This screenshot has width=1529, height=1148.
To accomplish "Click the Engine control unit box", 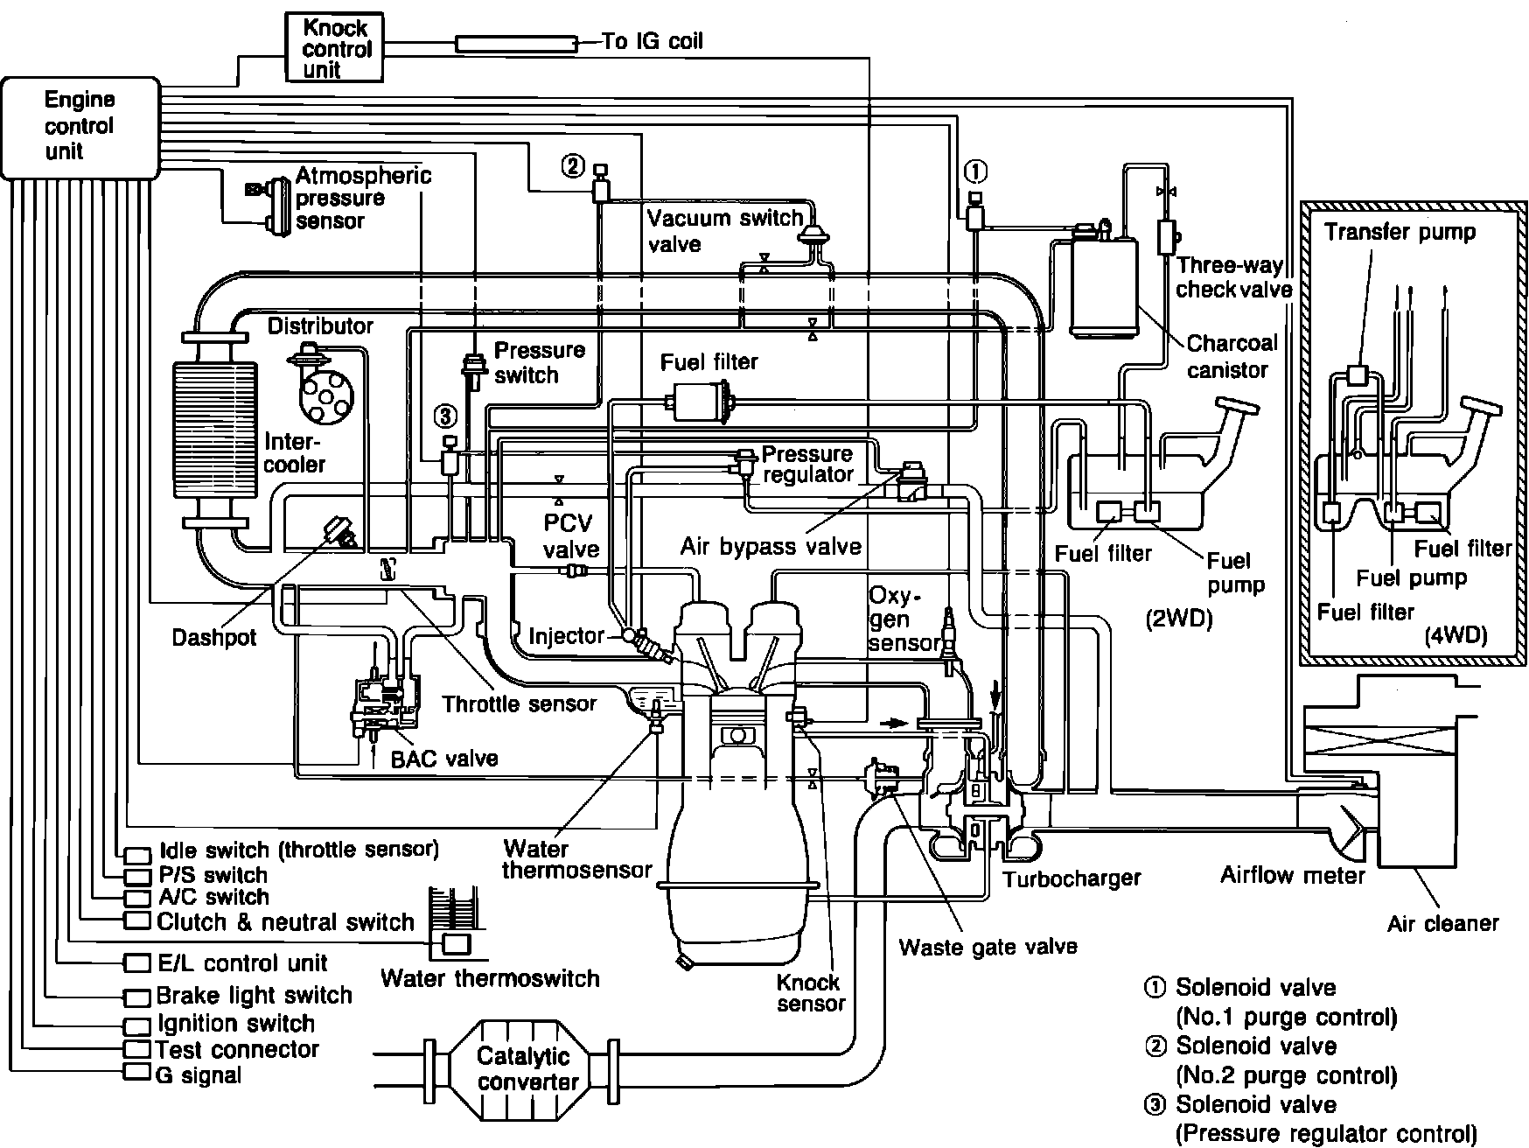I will [x=80, y=127].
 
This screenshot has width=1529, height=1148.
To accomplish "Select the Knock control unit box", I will [x=335, y=49].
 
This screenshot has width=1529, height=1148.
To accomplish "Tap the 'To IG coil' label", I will [x=652, y=41].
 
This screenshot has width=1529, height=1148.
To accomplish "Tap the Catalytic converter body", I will [x=523, y=1069].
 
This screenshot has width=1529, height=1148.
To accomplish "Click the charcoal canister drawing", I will [x=1103, y=284].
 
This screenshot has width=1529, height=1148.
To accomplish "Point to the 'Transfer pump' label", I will [x=1400, y=232].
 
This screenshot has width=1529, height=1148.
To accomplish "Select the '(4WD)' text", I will [x=1456, y=634].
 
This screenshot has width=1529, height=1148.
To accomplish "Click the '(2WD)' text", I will [x=1178, y=619].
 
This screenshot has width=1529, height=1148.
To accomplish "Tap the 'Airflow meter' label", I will [x=1293, y=875].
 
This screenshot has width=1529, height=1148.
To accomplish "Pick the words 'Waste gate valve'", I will [x=988, y=946].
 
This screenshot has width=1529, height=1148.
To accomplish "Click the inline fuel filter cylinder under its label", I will [x=700, y=403].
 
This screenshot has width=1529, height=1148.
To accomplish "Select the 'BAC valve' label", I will [x=444, y=758].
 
